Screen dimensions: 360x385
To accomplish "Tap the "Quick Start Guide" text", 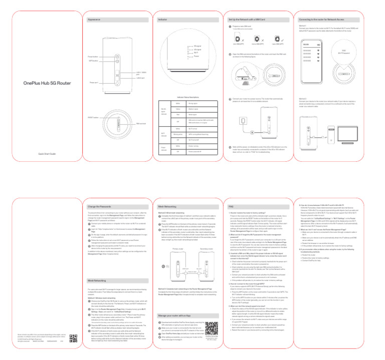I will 39,153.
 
